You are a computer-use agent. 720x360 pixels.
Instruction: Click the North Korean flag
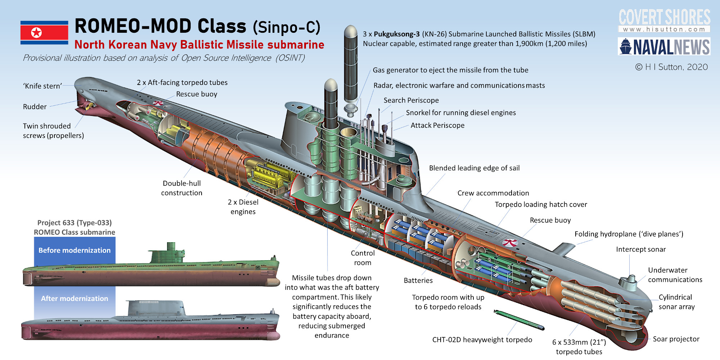(44, 33)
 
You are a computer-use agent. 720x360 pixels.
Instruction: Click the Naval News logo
(664, 47)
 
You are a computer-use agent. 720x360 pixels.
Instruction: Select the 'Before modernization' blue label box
(75, 250)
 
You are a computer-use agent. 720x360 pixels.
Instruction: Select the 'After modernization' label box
(75, 298)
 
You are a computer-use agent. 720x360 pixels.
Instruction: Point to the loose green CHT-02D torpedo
(519, 320)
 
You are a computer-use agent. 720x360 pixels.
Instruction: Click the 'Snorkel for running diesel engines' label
(461, 113)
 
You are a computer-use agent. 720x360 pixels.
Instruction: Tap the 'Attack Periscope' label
(437, 125)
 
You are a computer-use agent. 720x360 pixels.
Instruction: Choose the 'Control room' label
(363, 258)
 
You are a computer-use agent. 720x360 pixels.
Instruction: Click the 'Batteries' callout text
(418, 280)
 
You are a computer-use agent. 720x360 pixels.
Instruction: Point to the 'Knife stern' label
(42, 86)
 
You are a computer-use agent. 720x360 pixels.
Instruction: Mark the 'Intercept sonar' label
(641, 249)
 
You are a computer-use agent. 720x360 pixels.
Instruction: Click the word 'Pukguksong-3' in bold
(396, 34)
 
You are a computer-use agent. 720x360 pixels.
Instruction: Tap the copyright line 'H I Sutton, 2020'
(672, 67)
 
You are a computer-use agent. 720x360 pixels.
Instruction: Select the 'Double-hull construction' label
(182, 188)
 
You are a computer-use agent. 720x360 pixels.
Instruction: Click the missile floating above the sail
(350, 65)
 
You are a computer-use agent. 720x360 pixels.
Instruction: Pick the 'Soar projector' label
(676, 339)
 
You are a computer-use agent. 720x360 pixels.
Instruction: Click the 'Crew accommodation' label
(493, 193)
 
